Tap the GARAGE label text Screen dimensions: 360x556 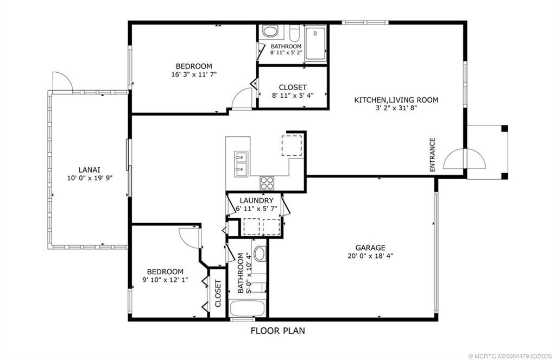[370, 247]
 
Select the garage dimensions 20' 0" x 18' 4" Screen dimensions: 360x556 [370, 256]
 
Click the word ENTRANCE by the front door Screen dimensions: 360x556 [433, 155]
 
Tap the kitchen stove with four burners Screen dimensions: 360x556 [267, 182]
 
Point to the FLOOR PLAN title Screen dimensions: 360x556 [278, 330]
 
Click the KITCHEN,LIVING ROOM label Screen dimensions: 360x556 [396, 100]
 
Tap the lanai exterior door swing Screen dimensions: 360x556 [61, 81]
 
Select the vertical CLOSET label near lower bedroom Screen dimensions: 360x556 [218, 293]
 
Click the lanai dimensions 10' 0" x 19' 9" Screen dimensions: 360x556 [90, 177]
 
